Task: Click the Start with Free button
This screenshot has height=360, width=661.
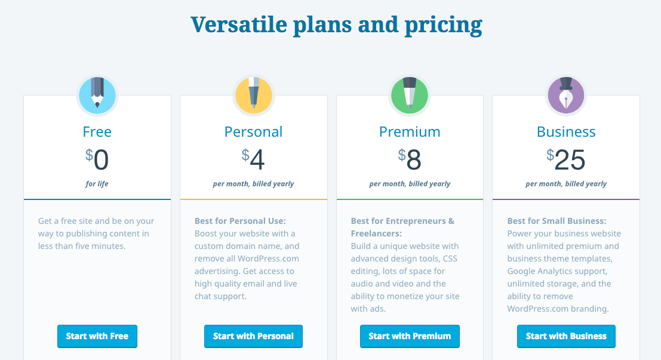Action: (x=97, y=336)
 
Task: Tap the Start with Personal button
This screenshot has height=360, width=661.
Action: (x=253, y=336)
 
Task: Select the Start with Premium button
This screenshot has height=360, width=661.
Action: (x=410, y=336)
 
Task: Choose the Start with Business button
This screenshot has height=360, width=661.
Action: (x=566, y=336)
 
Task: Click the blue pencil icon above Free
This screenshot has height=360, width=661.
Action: (x=97, y=96)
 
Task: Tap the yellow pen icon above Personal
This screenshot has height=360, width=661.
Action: (x=253, y=96)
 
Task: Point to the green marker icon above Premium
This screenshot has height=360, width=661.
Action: (x=410, y=96)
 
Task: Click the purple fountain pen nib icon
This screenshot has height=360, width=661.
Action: (x=566, y=96)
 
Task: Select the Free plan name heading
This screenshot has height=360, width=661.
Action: (x=97, y=131)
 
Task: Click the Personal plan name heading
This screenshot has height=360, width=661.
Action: (x=253, y=131)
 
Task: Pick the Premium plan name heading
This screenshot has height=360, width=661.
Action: (x=410, y=131)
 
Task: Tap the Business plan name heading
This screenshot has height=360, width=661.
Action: (x=566, y=131)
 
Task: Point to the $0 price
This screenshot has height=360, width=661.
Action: (x=97, y=159)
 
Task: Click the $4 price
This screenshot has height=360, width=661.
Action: (x=253, y=159)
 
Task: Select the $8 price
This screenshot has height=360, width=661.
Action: (x=410, y=159)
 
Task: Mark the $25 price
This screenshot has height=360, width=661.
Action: (x=566, y=159)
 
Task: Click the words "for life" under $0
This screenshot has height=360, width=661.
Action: (x=97, y=184)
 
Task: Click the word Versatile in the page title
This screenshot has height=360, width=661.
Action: (x=239, y=24)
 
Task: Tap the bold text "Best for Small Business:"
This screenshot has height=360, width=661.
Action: (x=557, y=221)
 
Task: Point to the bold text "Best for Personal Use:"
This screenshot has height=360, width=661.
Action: (x=240, y=221)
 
